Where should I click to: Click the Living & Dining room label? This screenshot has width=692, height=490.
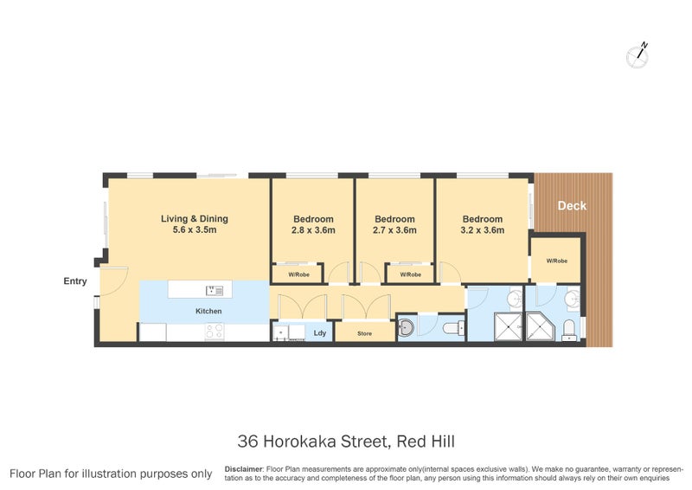188,219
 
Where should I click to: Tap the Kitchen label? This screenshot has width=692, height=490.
208,311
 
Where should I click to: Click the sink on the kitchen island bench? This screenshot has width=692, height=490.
214,290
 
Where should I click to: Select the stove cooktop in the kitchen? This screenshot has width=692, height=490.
213,331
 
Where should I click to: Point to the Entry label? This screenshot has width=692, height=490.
75,281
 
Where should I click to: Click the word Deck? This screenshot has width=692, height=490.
572,206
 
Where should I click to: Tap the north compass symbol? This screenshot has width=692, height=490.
639,54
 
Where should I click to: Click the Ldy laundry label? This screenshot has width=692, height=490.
319,332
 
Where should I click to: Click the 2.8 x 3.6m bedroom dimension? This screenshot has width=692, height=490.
312,231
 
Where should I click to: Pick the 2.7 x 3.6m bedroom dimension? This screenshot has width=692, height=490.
394,231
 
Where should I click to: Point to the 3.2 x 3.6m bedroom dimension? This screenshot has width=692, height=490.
482,231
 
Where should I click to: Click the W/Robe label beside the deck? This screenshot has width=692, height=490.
556,261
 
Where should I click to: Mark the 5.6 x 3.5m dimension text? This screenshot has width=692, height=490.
188,231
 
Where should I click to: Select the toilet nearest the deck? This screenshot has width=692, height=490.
568,327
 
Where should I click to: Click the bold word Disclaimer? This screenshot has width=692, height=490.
243,468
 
